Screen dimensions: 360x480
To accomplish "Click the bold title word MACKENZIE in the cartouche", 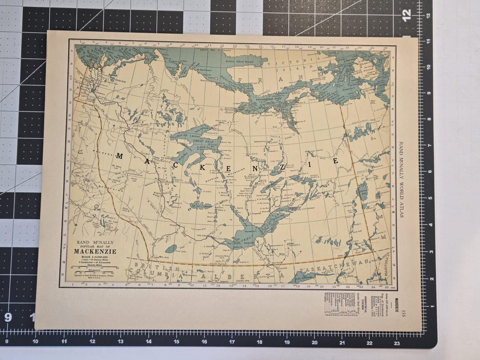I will click(95, 251).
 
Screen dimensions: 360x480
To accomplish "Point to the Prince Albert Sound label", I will click(240, 61).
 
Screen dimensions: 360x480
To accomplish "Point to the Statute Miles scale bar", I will click(94, 271).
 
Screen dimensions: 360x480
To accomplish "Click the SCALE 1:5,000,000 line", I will click(95, 257).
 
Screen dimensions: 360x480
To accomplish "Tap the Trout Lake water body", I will click(171, 249).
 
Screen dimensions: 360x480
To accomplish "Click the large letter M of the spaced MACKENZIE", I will click(119, 156).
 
